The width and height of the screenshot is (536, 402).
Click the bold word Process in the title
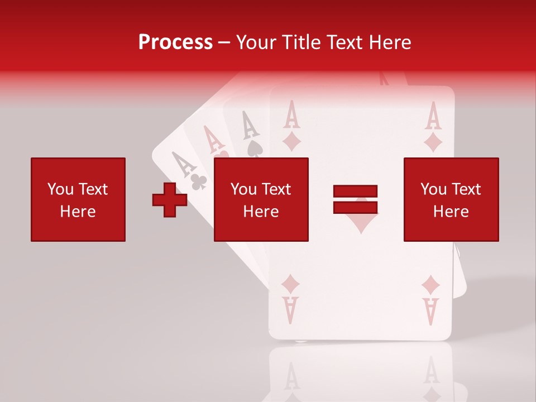click(175, 42)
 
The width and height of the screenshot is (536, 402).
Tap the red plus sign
click(170, 199)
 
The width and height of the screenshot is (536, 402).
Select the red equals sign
click(355, 199)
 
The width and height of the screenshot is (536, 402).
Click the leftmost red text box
click(78, 199)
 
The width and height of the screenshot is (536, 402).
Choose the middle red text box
click(261, 199)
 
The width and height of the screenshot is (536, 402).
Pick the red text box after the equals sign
click(451, 199)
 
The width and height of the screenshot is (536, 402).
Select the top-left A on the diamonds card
click(291, 115)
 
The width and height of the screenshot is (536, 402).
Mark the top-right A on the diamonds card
click(433, 116)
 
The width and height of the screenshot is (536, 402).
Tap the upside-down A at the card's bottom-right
click(430, 311)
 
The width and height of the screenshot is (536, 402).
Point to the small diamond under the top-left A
click(291, 142)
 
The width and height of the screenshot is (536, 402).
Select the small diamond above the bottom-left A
click(290, 284)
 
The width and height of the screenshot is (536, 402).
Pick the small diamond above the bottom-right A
click(430, 285)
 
